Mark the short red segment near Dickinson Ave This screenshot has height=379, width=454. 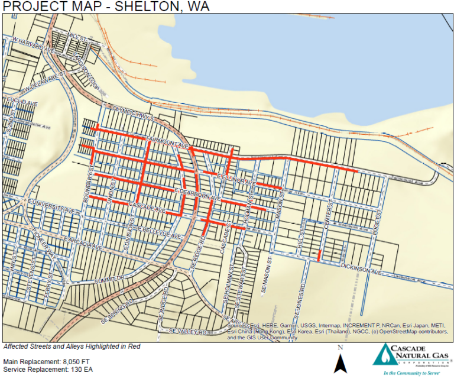click(319, 255)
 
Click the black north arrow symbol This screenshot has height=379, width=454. click(339, 362)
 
